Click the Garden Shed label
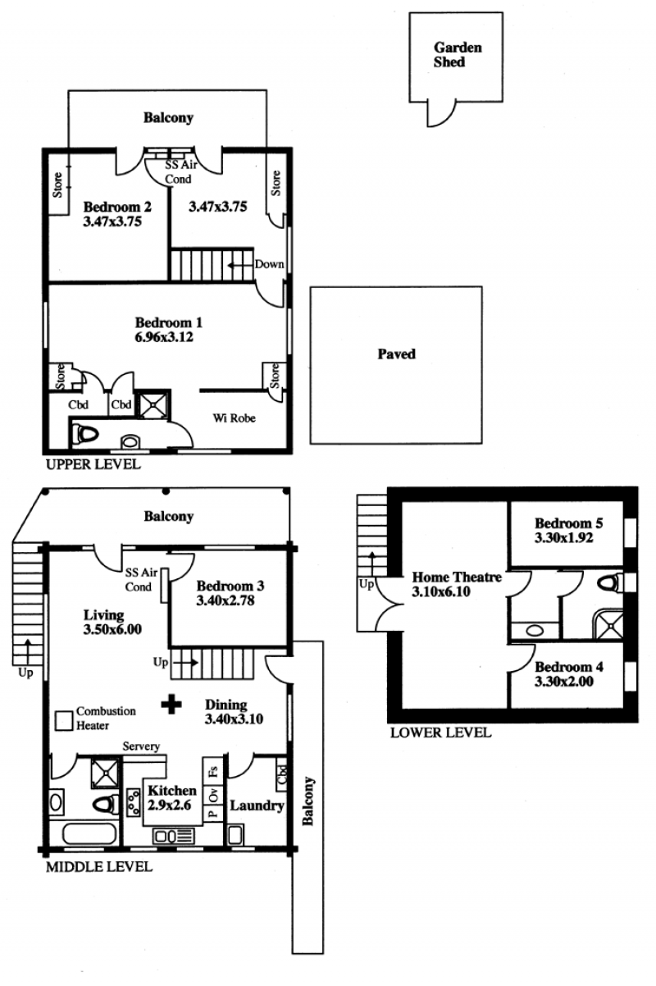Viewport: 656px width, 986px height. click(x=458, y=55)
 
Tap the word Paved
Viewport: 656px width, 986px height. click(x=396, y=354)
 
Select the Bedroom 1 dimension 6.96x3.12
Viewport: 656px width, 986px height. click(x=164, y=337)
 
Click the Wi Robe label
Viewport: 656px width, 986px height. click(x=234, y=418)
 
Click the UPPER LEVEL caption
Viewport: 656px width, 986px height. click(x=93, y=464)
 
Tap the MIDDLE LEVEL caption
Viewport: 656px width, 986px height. click(x=99, y=867)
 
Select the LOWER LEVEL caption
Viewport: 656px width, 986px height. click(x=440, y=733)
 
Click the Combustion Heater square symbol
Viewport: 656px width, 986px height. click(x=64, y=721)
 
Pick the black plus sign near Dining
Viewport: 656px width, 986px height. click(x=171, y=704)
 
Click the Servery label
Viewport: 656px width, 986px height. click(x=141, y=746)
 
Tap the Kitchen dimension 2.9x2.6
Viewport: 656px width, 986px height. click(x=170, y=805)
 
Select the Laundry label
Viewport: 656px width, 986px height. click(x=257, y=806)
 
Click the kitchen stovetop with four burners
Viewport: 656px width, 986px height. click(x=133, y=797)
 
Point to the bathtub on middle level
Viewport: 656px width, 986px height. click(x=89, y=833)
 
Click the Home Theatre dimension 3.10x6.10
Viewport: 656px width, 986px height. click(x=441, y=591)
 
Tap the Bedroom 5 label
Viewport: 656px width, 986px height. click(x=568, y=523)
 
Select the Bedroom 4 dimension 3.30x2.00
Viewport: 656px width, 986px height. click(x=563, y=682)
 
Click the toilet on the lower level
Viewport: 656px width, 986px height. click(x=610, y=584)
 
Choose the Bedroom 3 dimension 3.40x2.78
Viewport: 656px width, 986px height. click(x=225, y=600)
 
